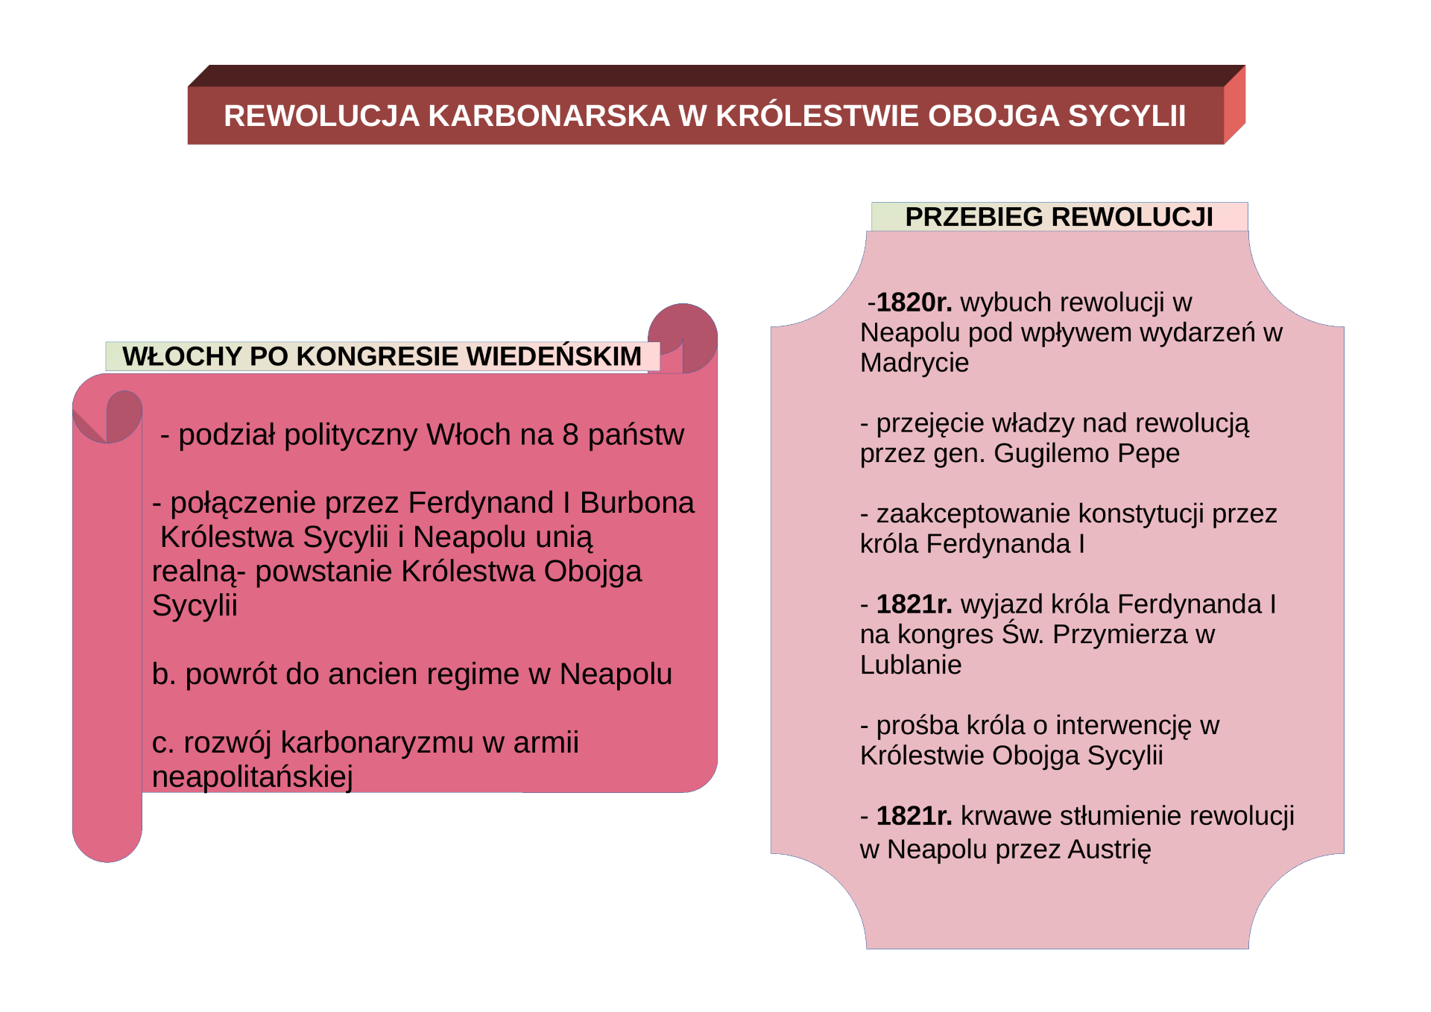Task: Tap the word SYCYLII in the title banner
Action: pyautogui.click(x=1127, y=116)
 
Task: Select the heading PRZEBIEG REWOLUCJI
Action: pyautogui.click(x=1059, y=217)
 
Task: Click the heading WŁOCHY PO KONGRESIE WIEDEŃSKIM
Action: pyautogui.click(x=382, y=356)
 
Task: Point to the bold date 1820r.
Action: pyautogui.click(x=914, y=302)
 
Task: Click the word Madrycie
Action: pyautogui.click(x=914, y=363)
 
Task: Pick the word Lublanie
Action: pyautogui.click(x=911, y=665)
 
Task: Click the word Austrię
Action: pyautogui.click(x=1109, y=850)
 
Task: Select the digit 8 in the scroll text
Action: pyautogui.click(x=570, y=434)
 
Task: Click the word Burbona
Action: pyautogui.click(x=637, y=503)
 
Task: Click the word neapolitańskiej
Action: pyautogui.click(x=252, y=777)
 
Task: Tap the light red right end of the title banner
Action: pyautogui.click(x=1234, y=104)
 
